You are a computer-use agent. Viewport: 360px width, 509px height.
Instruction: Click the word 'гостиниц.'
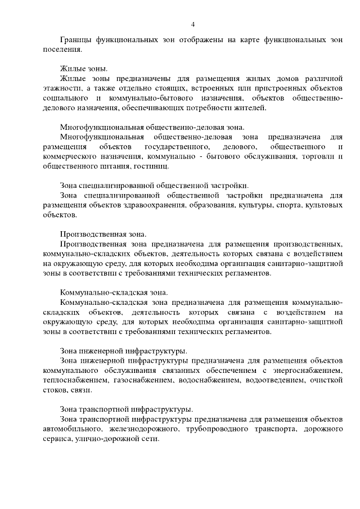coord(150,166)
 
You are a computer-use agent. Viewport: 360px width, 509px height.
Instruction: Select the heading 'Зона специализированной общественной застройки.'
coord(154,186)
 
